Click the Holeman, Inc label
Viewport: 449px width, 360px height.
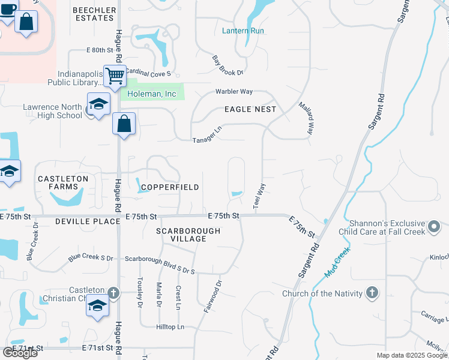click(x=152, y=94)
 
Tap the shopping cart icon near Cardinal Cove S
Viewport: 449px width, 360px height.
click(x=114, y=76)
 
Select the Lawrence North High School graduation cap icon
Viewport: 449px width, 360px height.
click(x=98, y=104)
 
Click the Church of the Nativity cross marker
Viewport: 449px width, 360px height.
click(x=372, y=293)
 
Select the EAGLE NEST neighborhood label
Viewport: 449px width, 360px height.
click(x=250, y=109)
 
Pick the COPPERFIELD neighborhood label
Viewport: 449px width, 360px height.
click(x=170, y=187)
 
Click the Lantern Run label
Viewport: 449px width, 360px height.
click(x=243, y=31)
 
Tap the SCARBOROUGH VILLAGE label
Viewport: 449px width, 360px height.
click(x=188, y=235)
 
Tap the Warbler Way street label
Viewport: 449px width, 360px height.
click(x=234, y=92)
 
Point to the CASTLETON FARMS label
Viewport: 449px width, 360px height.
click(x=63, y=182)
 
